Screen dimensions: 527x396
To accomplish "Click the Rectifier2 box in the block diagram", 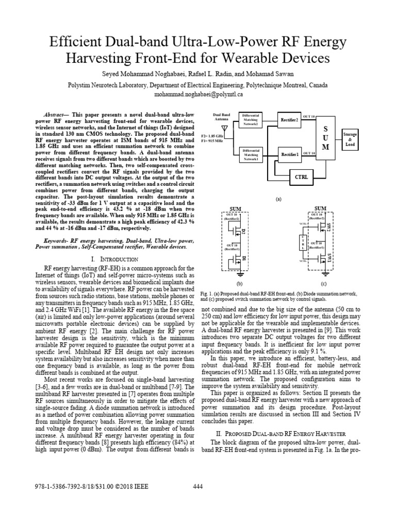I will [289, 120].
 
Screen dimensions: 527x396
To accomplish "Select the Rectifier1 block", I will [289, 154].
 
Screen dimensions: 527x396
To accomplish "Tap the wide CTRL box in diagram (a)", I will [290, 177].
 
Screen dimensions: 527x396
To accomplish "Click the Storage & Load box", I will [350, 139].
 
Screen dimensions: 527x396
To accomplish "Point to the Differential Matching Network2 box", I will [251, 120].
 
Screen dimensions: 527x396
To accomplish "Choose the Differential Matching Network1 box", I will [251, 154].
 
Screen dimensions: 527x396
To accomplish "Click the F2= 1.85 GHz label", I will [212, 135].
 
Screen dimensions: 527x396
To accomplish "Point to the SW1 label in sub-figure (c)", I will [328, 256].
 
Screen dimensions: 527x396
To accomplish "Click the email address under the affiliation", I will [198, 95].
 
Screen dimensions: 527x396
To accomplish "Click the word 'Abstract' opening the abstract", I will [55, 112].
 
